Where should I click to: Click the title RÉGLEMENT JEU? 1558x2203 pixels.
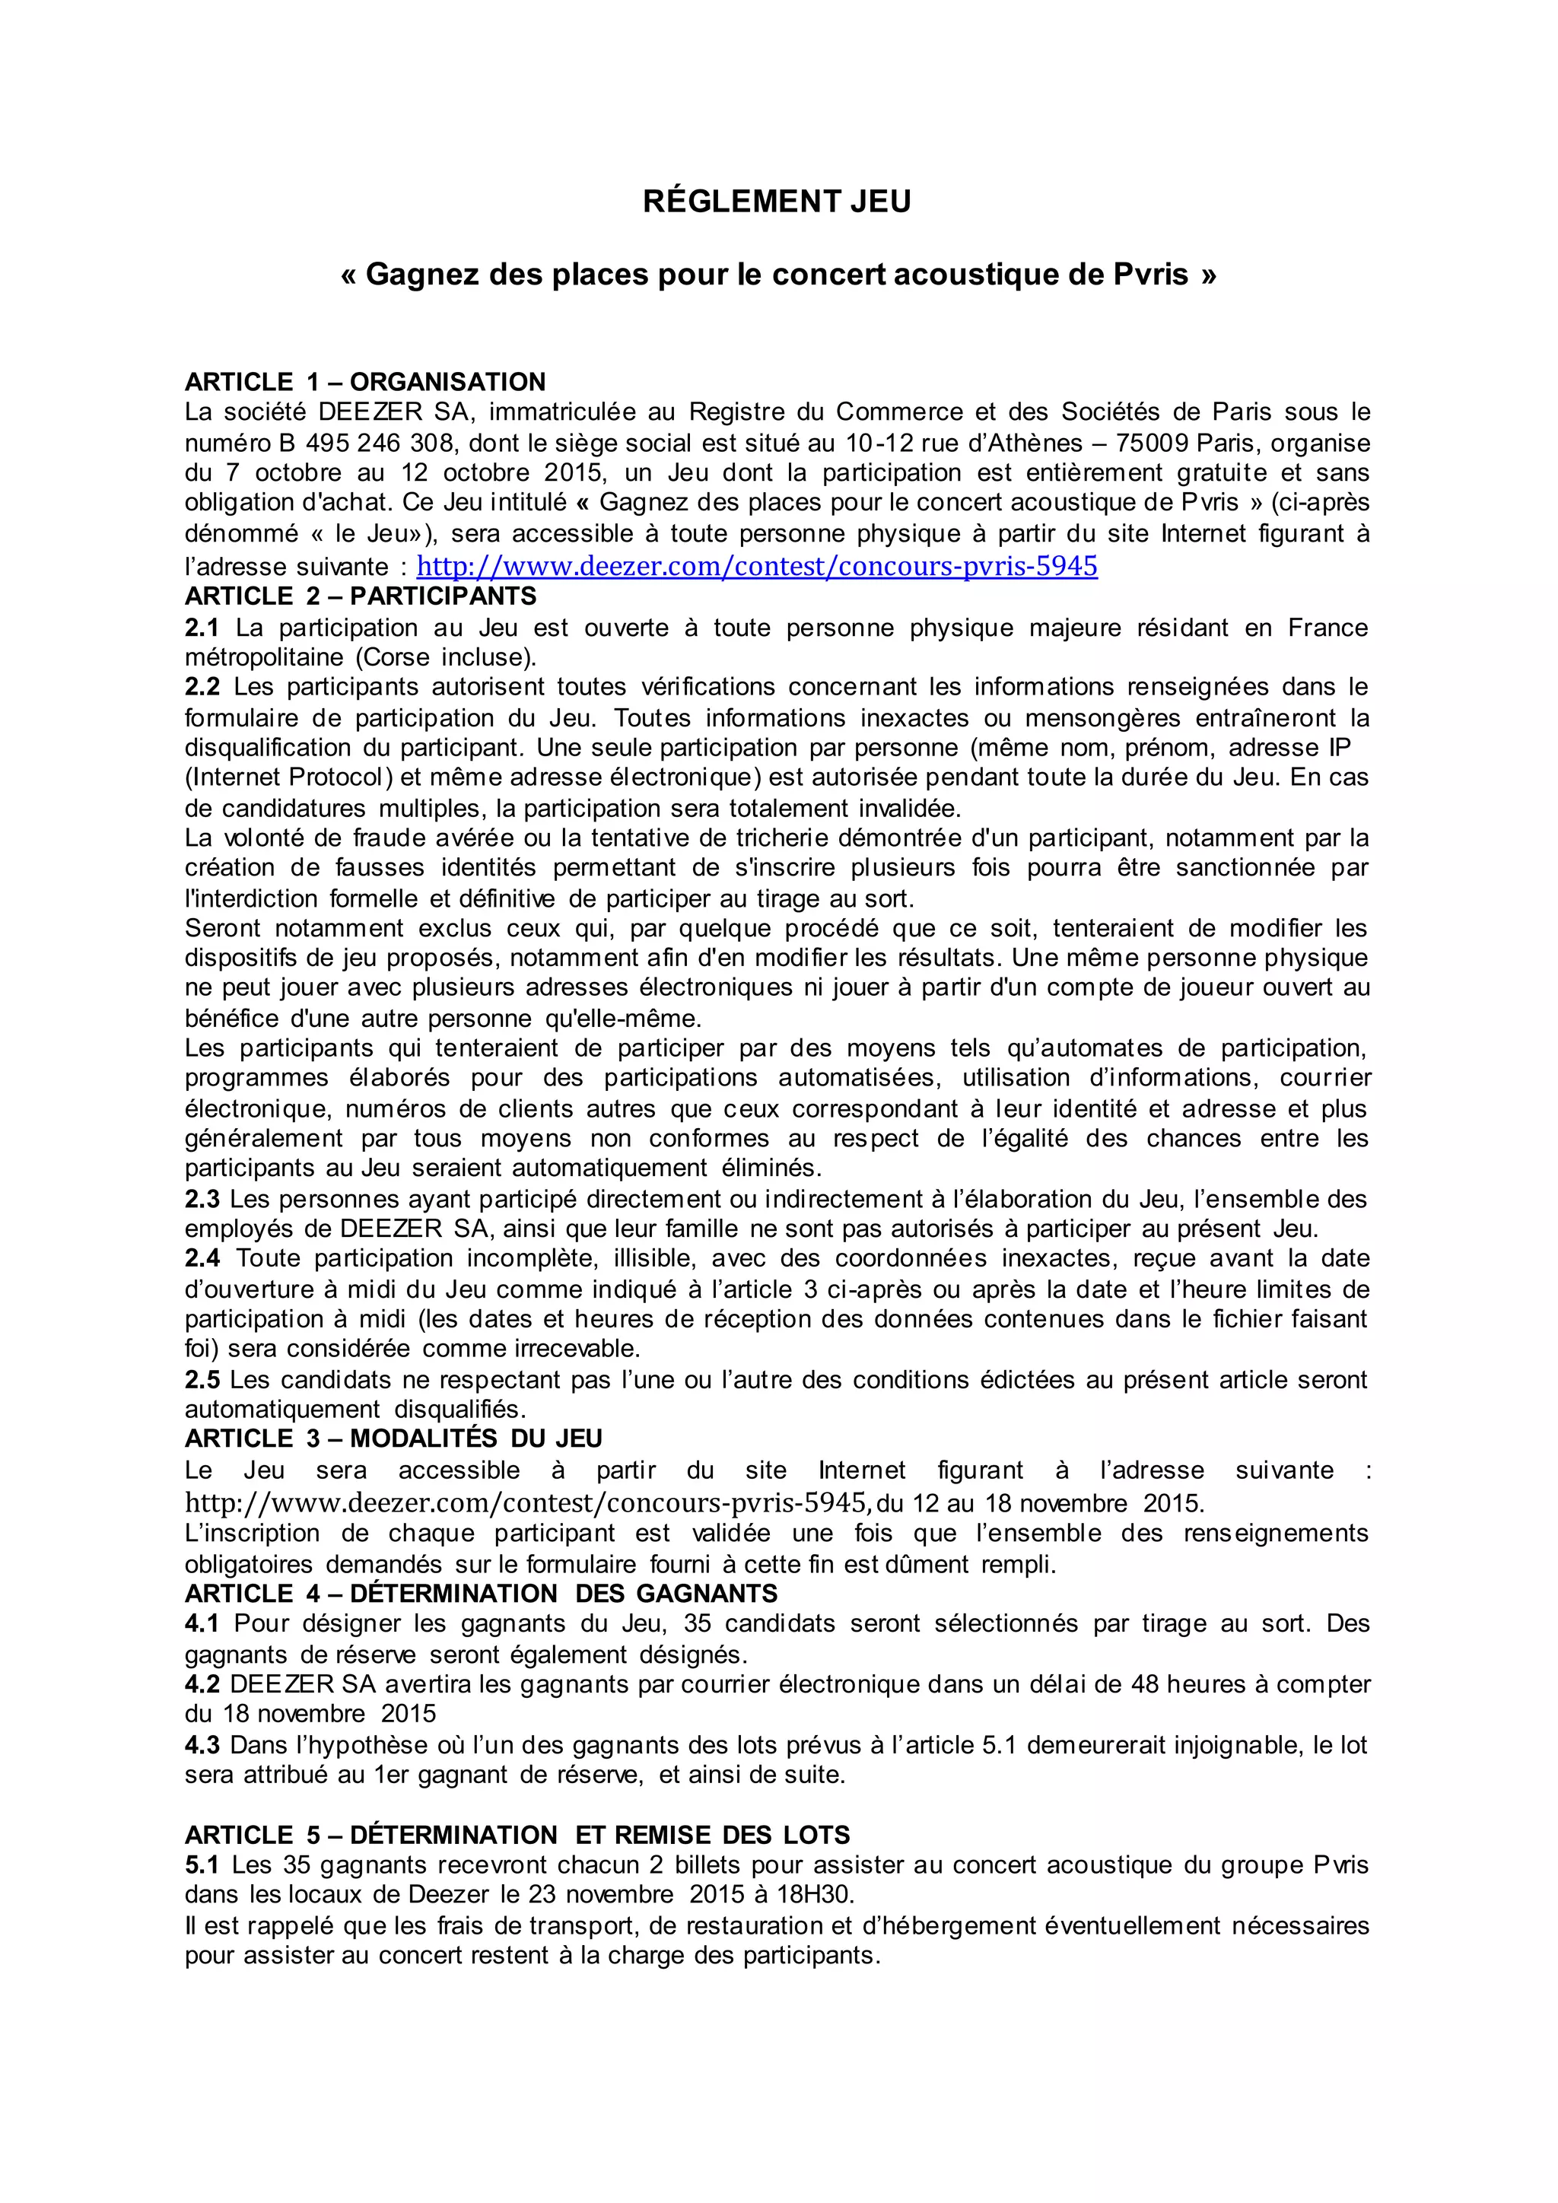coord(776,202)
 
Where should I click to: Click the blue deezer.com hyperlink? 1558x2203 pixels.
coord(757,566)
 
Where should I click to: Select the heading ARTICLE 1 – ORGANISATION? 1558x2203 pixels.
coord(364,382)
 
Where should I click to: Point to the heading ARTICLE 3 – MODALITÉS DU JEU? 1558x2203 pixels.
coord(393,1438)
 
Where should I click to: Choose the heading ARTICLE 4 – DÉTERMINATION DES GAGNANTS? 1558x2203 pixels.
coord(481,1594)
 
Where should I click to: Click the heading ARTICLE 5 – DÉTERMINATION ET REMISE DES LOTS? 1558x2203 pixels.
coord(517,1835)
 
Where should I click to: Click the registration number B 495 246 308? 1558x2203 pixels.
coord(365,443)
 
